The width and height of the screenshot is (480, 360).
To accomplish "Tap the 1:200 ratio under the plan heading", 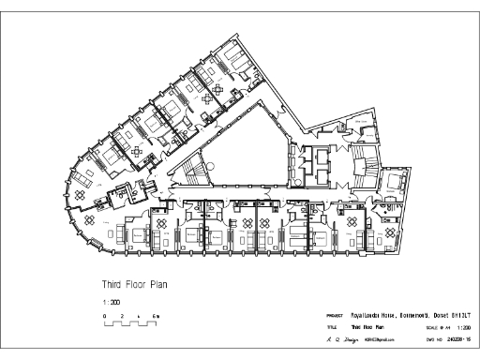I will coord(109,302).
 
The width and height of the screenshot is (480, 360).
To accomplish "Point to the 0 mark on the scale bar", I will coord(104,318).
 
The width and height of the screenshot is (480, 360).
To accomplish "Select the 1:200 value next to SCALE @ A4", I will coord(462,327).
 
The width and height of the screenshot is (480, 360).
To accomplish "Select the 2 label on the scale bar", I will coord(122,318).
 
